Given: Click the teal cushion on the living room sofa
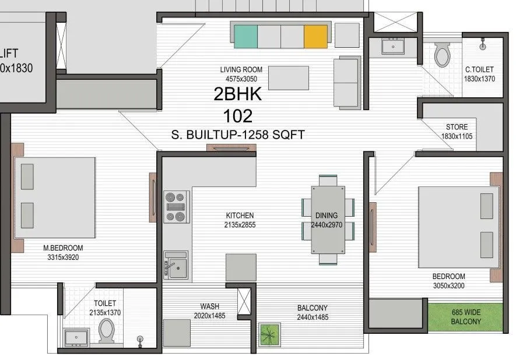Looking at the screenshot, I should click(245, 37).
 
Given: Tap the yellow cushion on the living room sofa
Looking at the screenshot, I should click(315, 37).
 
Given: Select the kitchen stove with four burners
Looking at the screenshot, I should click(175, 207).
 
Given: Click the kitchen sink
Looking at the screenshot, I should click(175, 265).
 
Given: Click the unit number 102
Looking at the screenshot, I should click(237, 114).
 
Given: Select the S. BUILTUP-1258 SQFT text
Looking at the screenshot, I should click(237, 135).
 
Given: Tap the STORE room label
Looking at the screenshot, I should click(457, 127).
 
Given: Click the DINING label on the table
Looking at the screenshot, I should click(327, 216).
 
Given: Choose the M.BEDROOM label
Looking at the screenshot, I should click(63, 247).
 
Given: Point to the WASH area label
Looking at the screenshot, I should click(209, 307).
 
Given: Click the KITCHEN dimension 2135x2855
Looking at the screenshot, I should click(240, 224).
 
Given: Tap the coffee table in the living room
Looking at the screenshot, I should click(287, 77).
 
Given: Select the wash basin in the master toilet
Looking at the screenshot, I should click(76, 337).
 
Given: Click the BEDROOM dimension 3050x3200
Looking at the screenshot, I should click(448, 285).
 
